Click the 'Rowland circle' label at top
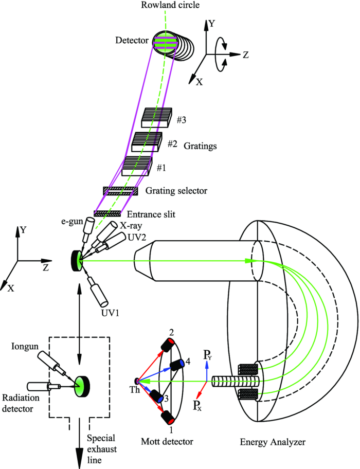(x=165, y=6)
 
